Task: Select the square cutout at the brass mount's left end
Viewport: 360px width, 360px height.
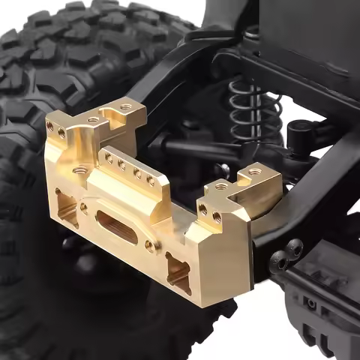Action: pyautogui.click(x=67, y=207)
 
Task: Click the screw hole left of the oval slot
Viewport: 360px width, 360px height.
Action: pyautogui.click(x=83, y=208)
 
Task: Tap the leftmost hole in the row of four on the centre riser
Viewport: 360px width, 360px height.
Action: pyautogui.click(x=109, y=157)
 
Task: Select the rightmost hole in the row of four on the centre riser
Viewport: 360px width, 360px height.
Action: pyautogui.click(x=151, y=180)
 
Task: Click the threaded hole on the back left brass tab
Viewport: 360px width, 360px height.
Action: pyautogui.click(x=125, y=107)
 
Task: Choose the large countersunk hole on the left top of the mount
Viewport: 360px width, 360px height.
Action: pyautogui.click(x=78, y=171)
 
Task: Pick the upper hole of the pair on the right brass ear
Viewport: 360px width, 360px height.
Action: pyautogui.click(x=203, y=209)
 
